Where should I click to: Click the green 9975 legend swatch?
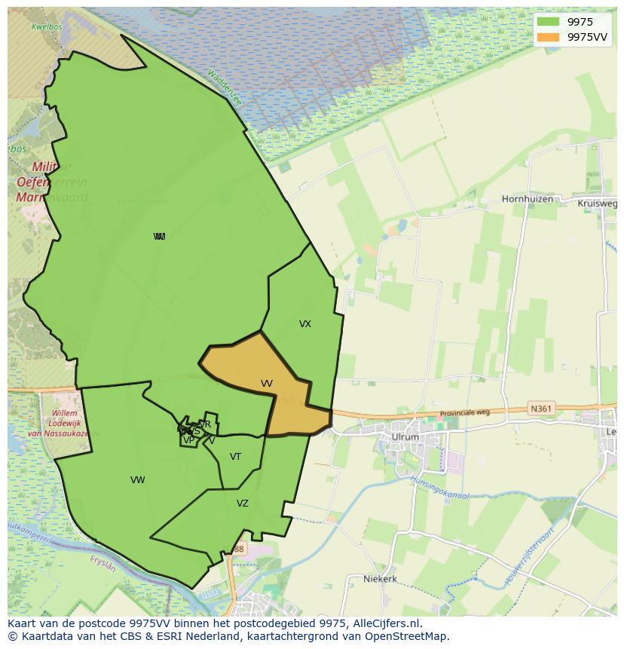(548, 22)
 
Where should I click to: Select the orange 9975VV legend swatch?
(548, 37)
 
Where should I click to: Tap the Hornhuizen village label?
(527, 200)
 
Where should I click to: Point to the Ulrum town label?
(405, 436)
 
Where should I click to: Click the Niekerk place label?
(380, 579)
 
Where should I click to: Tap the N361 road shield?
(540, 409)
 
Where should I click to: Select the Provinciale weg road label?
(465, 413)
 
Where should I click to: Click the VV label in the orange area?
(267, 384)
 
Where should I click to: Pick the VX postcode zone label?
(305, 324)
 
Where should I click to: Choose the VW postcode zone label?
(137, 480)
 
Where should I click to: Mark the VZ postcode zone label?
(243, 504)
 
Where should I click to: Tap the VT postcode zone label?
(236, 457)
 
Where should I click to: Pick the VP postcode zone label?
(188, 440)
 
